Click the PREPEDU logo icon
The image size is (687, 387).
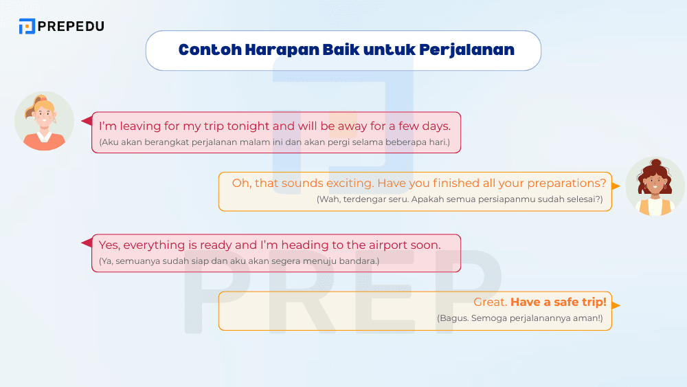click(27, 26)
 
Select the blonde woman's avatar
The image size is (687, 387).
click(44, 121)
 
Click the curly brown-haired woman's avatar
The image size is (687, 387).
click(654, 187)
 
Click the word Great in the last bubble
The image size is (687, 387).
click(490, 302)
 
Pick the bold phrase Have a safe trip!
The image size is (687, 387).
click(559, 302)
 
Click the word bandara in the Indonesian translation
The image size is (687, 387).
click(361, 261)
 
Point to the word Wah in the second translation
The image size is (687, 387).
click(328, 199)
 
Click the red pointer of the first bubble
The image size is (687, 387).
click(87, 121)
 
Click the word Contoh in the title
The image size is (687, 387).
click(203, 50)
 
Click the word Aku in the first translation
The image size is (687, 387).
click(110, 142)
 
